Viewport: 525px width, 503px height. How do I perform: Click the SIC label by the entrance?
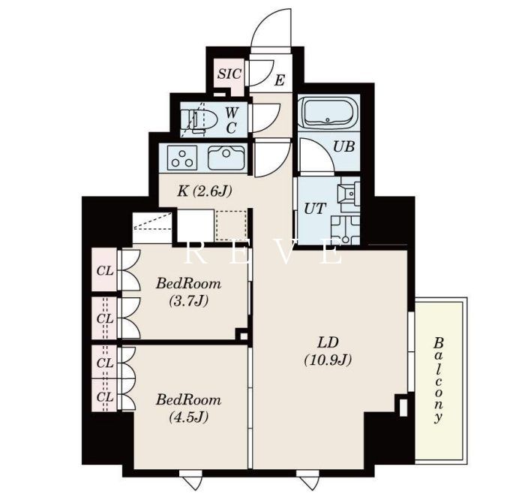[229, 74]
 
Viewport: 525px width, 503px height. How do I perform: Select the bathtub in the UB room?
[328, 113]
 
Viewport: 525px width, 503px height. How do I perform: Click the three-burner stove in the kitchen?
[182, 158]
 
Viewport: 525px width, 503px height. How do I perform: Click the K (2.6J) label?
[204, 191]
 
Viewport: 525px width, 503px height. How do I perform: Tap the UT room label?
[315, 209]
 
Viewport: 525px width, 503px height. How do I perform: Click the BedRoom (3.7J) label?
[188, 293]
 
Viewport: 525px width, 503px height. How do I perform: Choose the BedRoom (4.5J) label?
[188, 408]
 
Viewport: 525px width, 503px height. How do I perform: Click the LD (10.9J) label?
[328, 351]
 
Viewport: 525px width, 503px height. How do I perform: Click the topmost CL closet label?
[105, 271]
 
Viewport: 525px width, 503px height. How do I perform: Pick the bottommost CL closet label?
[105, 397]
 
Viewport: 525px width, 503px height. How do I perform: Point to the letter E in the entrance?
[280, 80]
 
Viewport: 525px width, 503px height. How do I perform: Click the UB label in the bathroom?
[343, 146]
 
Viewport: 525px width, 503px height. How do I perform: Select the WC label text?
[231, 120]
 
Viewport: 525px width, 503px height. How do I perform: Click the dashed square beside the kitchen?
[231, 225]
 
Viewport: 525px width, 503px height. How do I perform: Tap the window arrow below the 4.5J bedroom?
[190, 480]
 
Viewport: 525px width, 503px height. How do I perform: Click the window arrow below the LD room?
[307, 480]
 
